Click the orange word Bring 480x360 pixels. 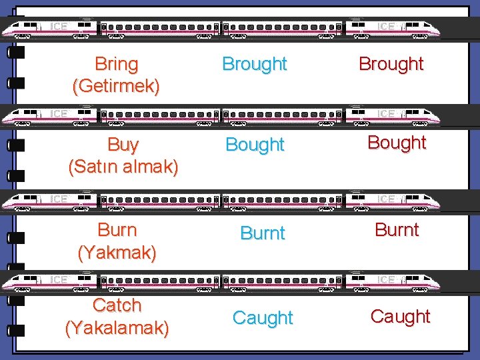point(117,64)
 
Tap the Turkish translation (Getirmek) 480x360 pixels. point(117,86)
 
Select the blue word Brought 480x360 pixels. point(254,64)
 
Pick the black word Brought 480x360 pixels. point(391,64)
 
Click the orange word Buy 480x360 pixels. point(123,145)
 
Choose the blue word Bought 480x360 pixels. point(255,144)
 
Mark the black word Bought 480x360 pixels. point(397,143)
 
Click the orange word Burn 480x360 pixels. point(117,230)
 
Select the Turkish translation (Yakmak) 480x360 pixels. point(117,253)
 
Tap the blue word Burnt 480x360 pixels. point(262,233)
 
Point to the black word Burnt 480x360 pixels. point(397,230)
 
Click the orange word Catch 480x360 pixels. point(117,305)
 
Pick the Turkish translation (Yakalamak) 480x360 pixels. point(117,328)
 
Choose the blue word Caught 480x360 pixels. point(263,318)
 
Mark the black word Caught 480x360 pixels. point(400,317)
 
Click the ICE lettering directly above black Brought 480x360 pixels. point(386,27)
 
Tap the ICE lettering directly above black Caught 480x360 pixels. point(386,279)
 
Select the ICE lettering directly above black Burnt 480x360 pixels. point(386,199)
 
